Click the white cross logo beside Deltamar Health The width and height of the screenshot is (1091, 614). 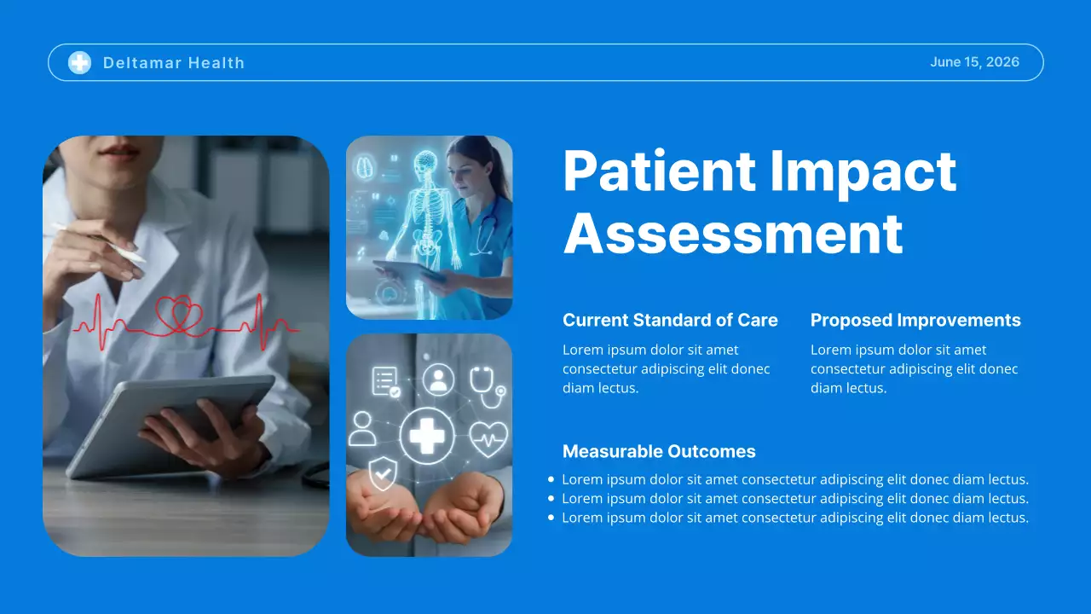(79, 62)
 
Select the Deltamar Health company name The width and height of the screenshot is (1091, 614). (173, 63)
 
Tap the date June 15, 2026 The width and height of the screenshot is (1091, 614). (974, 62)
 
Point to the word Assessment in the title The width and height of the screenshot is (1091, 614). (733, 233)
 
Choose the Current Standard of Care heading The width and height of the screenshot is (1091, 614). (670, 321)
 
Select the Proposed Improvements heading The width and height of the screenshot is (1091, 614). (915, 321)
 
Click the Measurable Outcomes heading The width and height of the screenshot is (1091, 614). (659, 452)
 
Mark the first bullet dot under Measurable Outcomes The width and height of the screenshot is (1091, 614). (551, 480)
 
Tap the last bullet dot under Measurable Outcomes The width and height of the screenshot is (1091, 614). (551, 518)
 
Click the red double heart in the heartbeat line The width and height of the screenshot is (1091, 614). (179, 315)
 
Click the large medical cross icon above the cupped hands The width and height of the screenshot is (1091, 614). (427, 435)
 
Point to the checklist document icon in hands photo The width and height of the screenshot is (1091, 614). (385, 380)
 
